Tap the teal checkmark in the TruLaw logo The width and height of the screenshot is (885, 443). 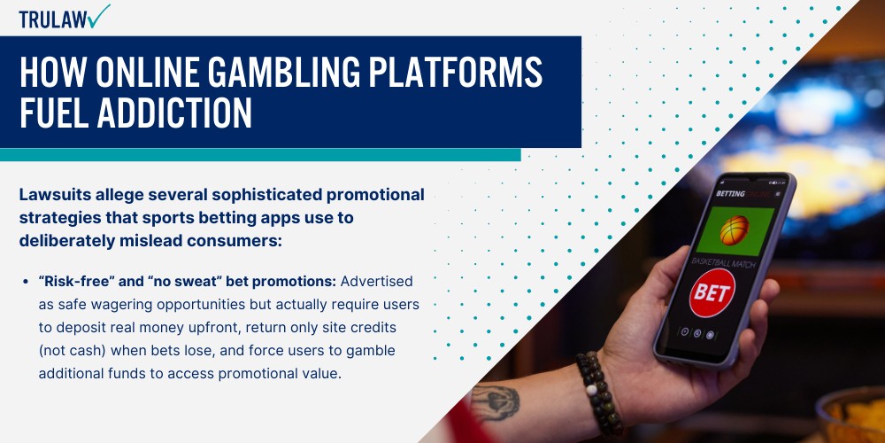(100, 15)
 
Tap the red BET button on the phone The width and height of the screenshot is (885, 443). (712, 290)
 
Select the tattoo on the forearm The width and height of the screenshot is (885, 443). (496, 401)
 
